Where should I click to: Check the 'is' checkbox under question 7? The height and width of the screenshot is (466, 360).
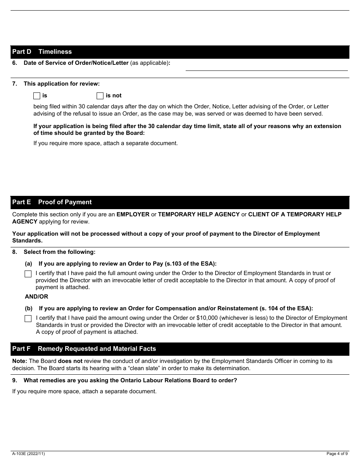pos(37,96)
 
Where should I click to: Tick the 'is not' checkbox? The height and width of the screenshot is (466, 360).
pos(100,96)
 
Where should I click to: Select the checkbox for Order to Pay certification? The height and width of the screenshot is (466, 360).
pos(28,274)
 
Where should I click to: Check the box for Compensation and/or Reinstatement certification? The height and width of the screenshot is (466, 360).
pos(28,319)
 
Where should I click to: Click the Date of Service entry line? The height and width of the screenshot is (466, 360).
pos(266,66)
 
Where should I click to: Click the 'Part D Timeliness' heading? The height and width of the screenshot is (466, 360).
pos(42,52)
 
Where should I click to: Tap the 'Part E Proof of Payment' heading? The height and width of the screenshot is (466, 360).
pos(52,202)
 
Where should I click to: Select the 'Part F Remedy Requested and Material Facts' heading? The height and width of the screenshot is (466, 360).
pos(84,349)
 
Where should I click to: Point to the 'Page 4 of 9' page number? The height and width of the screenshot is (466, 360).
pos(337,453)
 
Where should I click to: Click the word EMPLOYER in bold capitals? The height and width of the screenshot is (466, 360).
pos(133,214)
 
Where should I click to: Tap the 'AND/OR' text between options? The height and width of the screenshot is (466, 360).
pos(36,297)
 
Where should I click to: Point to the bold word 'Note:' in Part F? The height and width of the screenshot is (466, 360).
pos(20,361)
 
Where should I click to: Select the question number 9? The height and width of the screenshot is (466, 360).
pos(14,380)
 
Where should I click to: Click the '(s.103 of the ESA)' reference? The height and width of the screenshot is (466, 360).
pos(191,264)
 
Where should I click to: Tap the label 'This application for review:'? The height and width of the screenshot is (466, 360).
pos(61,84)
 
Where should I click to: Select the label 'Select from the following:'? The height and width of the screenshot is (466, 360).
pos(59,252)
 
